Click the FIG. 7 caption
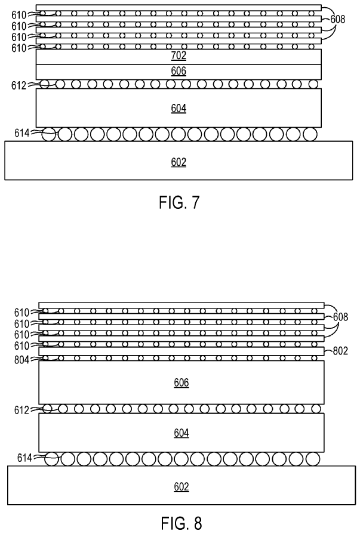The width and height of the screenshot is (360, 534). [x=180, y=203]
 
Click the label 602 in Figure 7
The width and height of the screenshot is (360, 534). [x=179, y=162]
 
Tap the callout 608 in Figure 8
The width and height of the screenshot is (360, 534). [x=342, y=316]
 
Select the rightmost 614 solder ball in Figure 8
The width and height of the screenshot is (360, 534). [x=312, y=459]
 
